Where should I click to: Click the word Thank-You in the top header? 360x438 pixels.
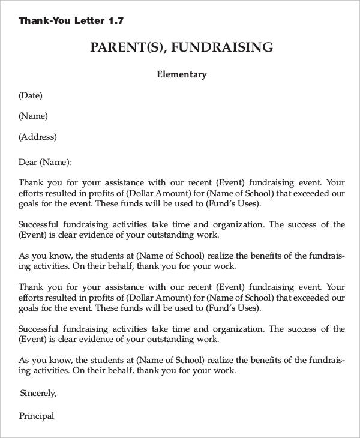tap(44, 21)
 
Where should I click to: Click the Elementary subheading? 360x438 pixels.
tap(181, 75)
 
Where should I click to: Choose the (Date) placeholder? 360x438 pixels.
tap(31, 95)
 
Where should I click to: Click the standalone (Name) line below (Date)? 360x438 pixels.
tap(33, 116)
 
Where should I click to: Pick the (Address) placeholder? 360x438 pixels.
tap(38, 137)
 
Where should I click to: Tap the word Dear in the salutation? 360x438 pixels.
tap(28, 162)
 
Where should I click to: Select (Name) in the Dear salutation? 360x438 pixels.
tap(55, 162)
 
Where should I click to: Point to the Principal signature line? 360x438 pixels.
tap(37, 416)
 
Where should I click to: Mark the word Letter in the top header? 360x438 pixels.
tap(89, 21)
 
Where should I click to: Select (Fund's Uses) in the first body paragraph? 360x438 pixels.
tap(233, 204)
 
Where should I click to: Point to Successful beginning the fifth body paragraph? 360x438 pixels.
tap(39, 329)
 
